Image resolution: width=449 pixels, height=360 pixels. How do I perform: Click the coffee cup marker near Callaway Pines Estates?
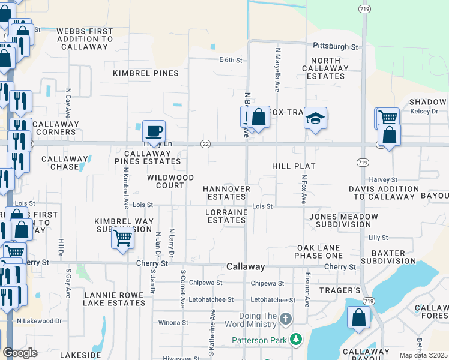pyautogui.click(x=154, y=131)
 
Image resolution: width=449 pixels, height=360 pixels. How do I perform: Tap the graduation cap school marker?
pyautogui.click(x=315, y=119)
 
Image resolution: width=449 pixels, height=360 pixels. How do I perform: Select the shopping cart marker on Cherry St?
pyautogui.click(x=123, y=238)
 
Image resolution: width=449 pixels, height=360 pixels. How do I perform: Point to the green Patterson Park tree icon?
pyautogui.click(x=295, y=340)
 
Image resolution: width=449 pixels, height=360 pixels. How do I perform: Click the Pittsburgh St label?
pyautogui.click(x=336, y=46)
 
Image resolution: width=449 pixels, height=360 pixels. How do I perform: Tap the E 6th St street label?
pyautogui.click(x=230, y=60)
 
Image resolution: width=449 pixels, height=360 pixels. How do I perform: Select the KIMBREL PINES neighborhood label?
pyautogui.click(x=146, y=73)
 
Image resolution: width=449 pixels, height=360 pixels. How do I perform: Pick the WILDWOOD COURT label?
pyautogui.click(x=171, y=181)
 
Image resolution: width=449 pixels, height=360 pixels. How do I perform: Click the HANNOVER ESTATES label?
pyautogui.click(x=226, y=192)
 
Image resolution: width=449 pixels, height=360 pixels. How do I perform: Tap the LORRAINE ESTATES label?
pyautogui.click(x=226, y=216)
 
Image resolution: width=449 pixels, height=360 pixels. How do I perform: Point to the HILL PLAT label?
pyautogui.click(x=294, y=166)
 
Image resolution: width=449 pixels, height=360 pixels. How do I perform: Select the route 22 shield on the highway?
pyautogui.click(x=206, y=143)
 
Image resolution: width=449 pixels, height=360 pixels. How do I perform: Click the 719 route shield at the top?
pyautogui.click(x=364, y=10)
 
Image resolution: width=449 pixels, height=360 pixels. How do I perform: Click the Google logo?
pyautogui.click(x=20, y=353)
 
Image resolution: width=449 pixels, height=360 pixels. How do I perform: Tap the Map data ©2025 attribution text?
pyautogui.click(x=423, y=355)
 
